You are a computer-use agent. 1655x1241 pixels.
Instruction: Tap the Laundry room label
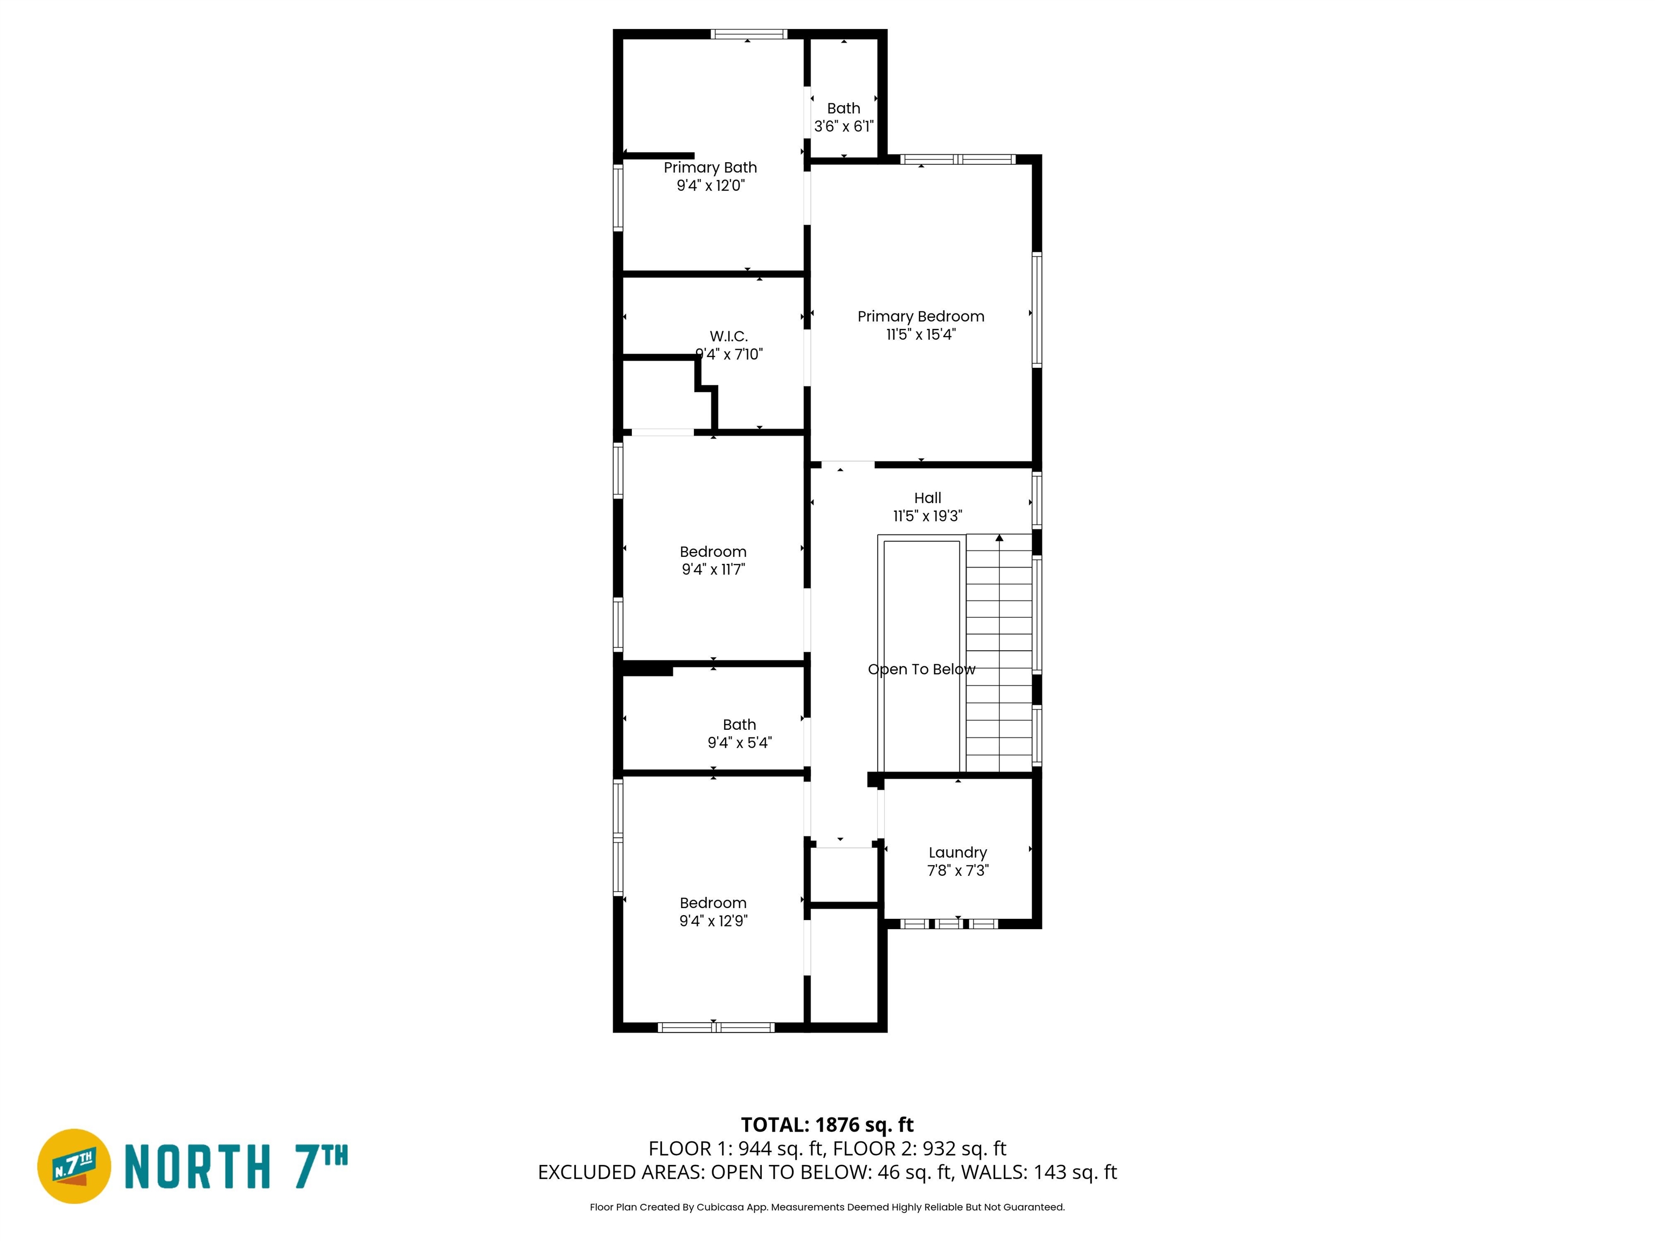click(x=958, y=853)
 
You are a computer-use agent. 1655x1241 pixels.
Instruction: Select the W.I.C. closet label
click(x=729, y=337)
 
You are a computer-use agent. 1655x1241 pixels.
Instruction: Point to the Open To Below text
click(x=922, y=670)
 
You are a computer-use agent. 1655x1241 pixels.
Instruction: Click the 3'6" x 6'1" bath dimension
click(x=844, y=127)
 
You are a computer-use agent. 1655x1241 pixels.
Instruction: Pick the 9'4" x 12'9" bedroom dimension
click(x=713, y=921)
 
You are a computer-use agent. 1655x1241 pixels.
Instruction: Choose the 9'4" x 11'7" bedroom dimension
click(x=713, y=569)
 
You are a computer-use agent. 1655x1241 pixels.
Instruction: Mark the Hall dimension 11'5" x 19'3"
click(x=928, y=516)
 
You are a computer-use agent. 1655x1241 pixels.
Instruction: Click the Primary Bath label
click(x=710, y=168)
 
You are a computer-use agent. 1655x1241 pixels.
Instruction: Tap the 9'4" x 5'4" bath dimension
click(x=739, y=743)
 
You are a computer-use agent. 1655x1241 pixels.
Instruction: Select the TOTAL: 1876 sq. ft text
click(x=827, y=1125)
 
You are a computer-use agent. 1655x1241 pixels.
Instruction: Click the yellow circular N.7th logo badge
click(x=74, y=1166)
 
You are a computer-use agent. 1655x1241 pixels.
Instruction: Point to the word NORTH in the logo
click(x=197, y=1166)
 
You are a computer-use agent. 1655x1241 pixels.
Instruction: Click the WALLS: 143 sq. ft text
click(x=1039, y=1172)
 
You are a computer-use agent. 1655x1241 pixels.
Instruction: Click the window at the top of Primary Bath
click(x=748, y=33)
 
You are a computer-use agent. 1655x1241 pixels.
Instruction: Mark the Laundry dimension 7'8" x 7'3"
click(x=958, y=871)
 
